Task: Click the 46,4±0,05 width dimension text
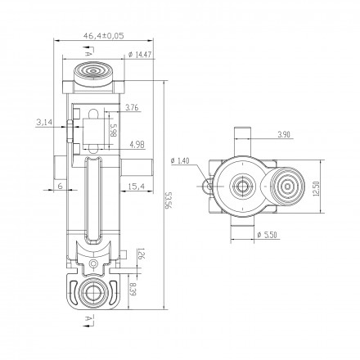click(x=104, y=36)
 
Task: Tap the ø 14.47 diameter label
click(x=140, y=55)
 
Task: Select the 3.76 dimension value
click(x=133, y=108)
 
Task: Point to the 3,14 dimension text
click(x=44, y=122)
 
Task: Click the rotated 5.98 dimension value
click(x=114, y=131)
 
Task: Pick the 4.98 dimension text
click(x=137, y=145)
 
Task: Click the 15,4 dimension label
click(x=137, y=187)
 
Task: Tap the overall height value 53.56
click(x=169, y=200)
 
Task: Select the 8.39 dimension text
click(x=133, y=290)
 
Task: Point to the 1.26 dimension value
click(x=141, y=254)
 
